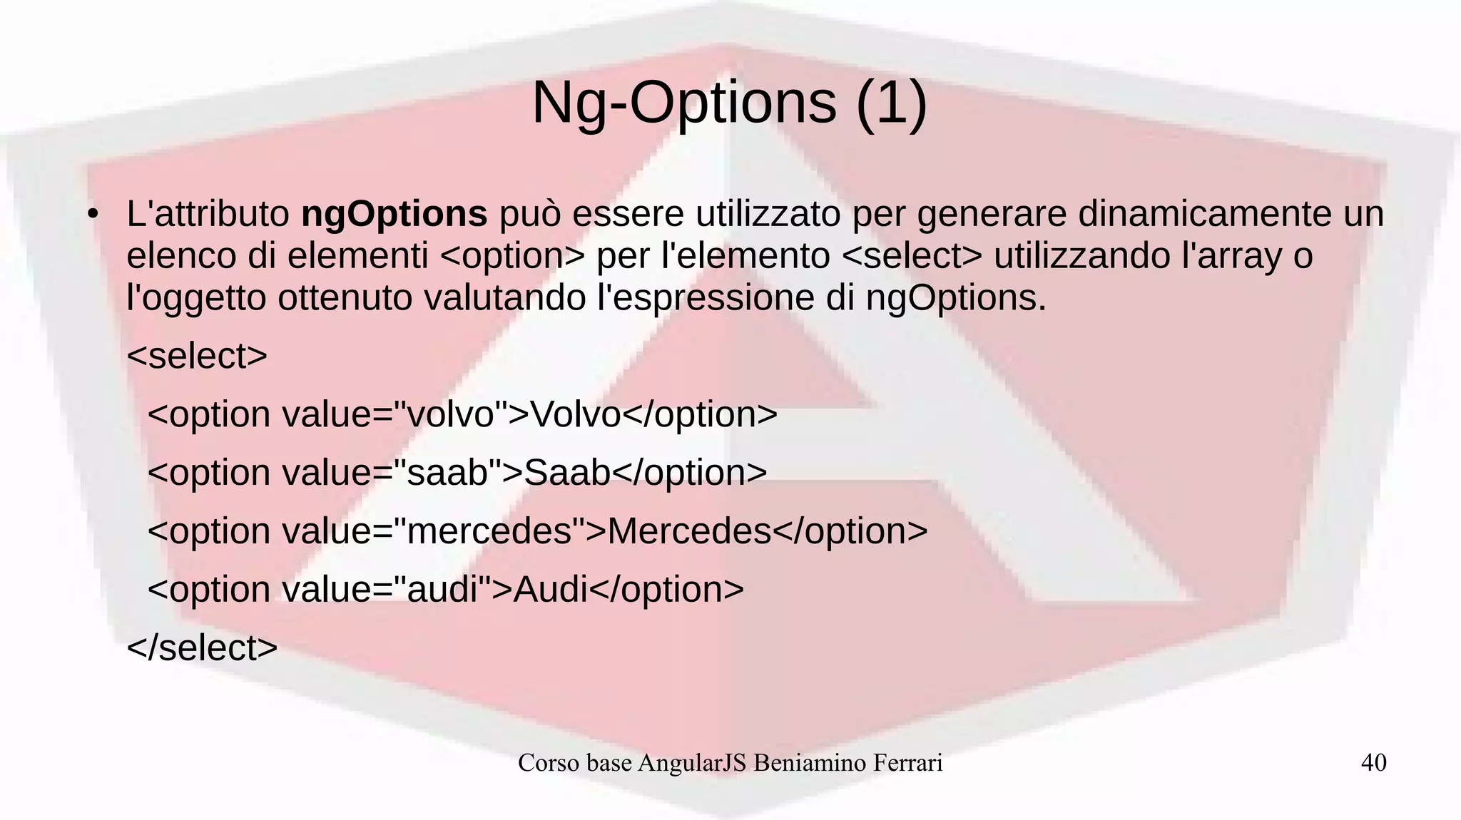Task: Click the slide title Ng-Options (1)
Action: pos(729,103)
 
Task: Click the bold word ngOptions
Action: pos(394,214)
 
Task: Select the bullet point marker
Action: pos(92,215)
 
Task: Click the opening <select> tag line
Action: pos(197,356)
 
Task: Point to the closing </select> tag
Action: pos(202,647)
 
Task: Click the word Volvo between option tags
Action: pos(575,414)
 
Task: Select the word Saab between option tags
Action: pos(567,473)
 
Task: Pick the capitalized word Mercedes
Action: pos(689,531)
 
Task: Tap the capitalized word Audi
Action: pos(550,590)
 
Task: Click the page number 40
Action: pos(1373,762)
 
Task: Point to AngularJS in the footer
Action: pos(692,763)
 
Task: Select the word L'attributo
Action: pos(208,214)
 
